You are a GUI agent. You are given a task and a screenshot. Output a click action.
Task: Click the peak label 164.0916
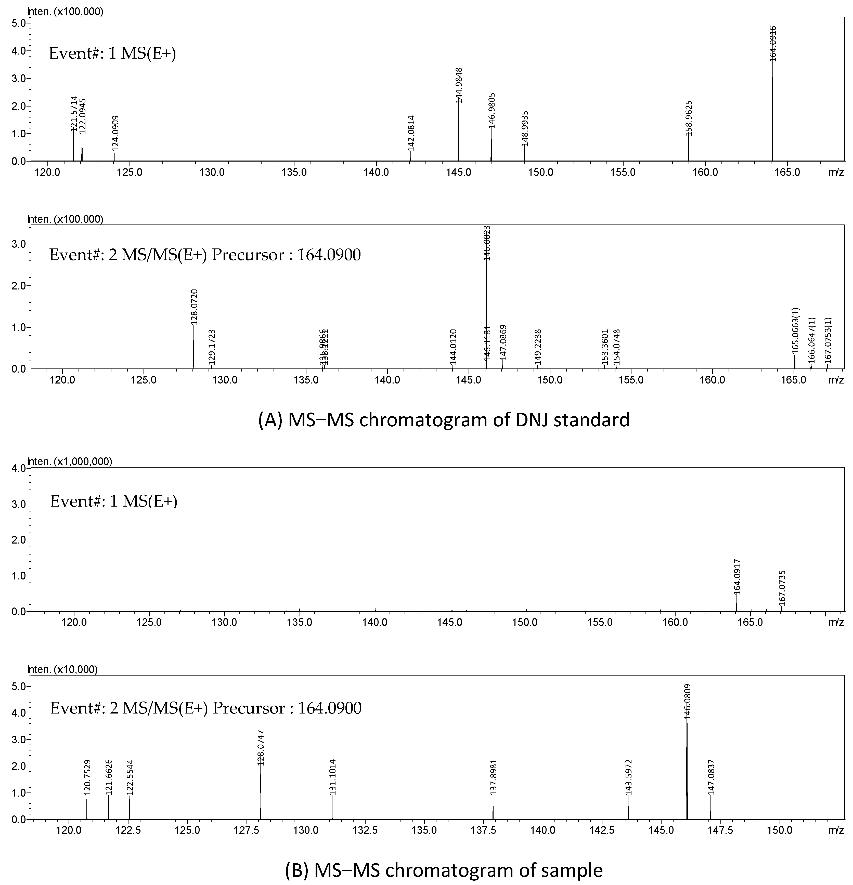773,43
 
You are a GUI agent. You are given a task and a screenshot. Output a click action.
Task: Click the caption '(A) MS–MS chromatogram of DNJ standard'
444,420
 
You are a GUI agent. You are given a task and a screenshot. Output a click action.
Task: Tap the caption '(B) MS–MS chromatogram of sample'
444,870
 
